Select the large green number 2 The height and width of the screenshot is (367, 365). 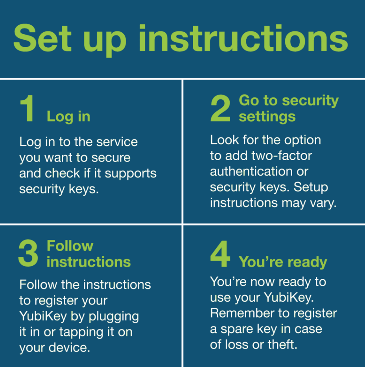tap(220, 110)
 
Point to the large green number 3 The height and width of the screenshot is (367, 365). tap(28, 254)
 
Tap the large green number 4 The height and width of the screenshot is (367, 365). tap(220, 255)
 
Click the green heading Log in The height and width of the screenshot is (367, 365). tap(68, 117)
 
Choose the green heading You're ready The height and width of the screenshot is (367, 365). tap(283, 262)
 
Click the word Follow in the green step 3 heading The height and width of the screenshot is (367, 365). tap(70, 246)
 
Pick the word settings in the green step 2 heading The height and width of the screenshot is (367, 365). tap(267, 117)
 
